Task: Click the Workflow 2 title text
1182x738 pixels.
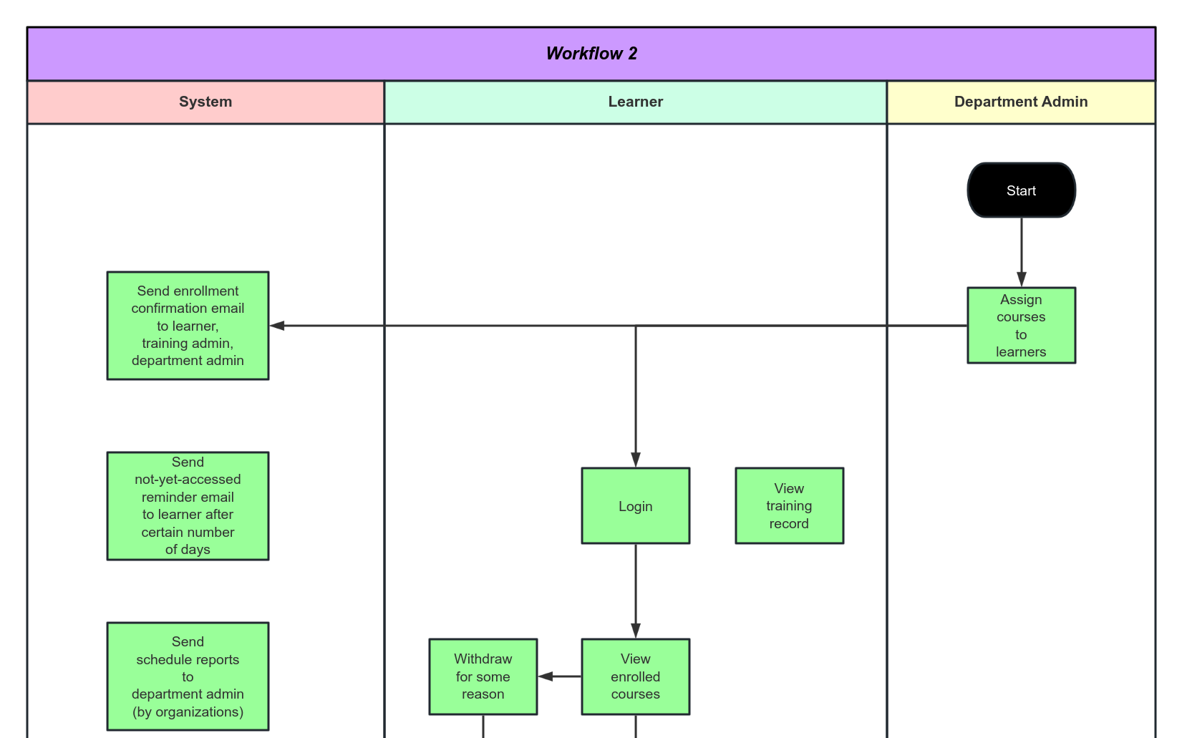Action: coord(591,54)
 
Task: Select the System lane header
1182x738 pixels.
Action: coord(205,102)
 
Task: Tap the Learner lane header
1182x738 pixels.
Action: coord(635,102)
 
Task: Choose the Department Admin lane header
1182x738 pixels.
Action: coord(1020,102)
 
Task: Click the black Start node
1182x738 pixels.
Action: coord(1021,190)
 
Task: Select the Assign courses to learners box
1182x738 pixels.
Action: coord(1021,326)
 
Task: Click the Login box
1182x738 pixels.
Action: coord(635,506)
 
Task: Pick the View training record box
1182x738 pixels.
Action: coord(789,506)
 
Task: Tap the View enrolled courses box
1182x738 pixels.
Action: coord(635,676)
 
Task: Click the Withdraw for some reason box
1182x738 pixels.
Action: coord(483,676)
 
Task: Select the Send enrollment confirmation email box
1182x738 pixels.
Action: coord(188,326)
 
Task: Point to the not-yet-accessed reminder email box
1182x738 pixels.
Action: coord(188,506)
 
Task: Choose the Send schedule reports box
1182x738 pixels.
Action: coord(188,676)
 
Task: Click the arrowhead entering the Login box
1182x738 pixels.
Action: coord(635,460)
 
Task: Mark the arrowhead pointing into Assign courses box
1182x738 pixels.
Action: coord(1021,280)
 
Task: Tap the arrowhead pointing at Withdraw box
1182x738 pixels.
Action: coord(546,676)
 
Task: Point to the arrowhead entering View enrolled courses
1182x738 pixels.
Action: coord(635,631)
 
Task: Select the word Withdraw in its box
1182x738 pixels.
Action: coord(483,659)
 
